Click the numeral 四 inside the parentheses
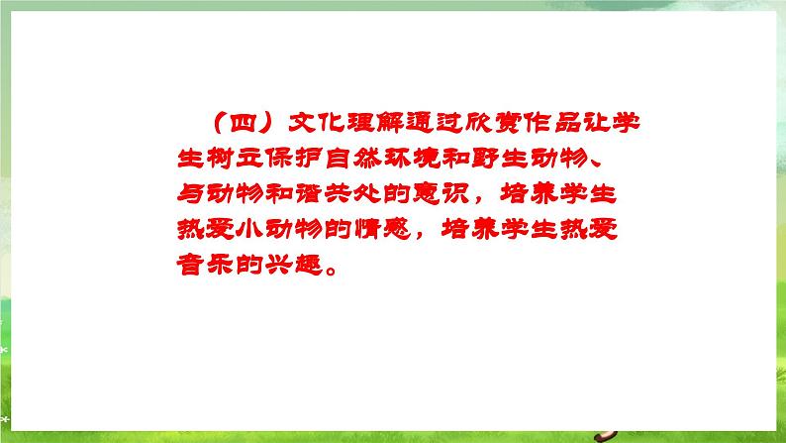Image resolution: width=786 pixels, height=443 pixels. pos(244,123)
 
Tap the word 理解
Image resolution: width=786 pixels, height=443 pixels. pos(375,123)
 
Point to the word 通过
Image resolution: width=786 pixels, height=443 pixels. pos(434,123)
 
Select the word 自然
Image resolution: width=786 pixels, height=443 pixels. pos(351,159)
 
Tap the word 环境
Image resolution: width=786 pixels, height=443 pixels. pos(411,159)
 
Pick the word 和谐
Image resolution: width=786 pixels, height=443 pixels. pos(293,194)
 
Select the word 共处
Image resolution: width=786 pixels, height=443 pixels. pos(351,194)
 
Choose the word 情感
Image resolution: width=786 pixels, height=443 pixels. pos(382,230)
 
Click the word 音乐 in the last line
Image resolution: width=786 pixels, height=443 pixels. pos(205,265)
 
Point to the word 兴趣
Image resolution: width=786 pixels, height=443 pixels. pos(293,265)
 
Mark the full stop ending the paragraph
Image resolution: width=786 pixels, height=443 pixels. pos(332,271)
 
